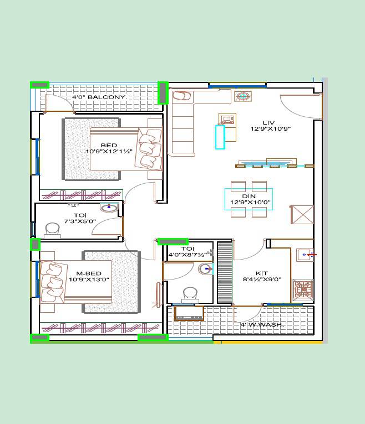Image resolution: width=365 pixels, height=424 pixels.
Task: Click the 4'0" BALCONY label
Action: click(100, 97)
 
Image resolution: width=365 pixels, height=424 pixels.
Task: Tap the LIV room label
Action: click(268, 122)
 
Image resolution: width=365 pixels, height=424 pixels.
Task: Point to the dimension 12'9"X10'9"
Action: click(271, 129)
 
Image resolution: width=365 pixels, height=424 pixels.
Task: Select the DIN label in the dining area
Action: click(249, 196)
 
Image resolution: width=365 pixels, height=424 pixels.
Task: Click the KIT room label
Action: click(262, 273)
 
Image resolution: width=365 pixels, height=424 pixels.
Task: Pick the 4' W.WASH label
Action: click(261, 325)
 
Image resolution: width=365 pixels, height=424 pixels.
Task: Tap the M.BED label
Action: click(89, 273)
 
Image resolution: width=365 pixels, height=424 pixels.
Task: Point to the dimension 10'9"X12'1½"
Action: click(109, 152)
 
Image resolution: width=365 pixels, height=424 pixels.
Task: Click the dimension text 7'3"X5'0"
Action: click(80, 221)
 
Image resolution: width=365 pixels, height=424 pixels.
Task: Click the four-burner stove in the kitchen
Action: click(303, 289)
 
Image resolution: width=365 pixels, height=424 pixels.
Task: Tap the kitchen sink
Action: click(304, 255)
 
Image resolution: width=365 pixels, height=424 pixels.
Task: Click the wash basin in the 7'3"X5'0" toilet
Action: click(109, 208)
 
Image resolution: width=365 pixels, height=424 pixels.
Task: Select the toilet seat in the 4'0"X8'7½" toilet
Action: click(190, 293)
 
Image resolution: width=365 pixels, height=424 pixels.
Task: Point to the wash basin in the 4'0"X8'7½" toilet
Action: click(205, 269)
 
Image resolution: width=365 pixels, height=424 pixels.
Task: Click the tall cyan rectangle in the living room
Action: click(220, 137)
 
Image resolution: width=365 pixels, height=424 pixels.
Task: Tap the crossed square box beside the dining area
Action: click(302, 215)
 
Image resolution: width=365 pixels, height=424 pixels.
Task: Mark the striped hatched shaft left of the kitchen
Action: click(224, 272)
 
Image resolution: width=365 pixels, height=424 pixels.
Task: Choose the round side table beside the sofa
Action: click(243, 96)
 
